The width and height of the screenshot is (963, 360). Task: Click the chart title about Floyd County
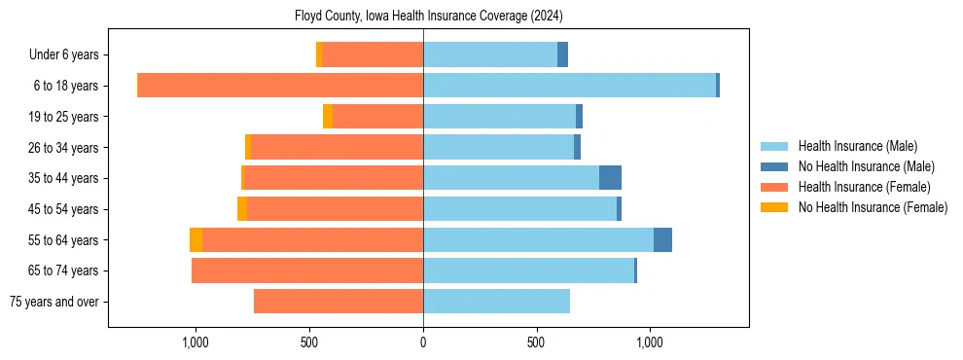[x=428, y=17]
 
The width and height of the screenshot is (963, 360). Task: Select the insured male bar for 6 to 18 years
[x=569, y=86]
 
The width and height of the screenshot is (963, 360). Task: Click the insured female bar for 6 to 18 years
[x=280, y=86]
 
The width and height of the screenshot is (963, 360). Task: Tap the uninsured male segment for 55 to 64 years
[x=662, y=240]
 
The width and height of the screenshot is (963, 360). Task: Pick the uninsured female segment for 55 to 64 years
[x=196, y=240]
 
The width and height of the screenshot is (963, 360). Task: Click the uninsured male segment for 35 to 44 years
[x=610, y=178]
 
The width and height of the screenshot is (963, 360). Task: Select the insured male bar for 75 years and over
[x=496, y=302]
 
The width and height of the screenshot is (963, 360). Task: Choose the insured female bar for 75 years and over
[x=339, y=302]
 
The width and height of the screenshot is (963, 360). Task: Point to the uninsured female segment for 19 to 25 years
[x=328, y=117]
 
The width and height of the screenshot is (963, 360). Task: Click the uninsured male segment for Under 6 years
[x=562, y=54]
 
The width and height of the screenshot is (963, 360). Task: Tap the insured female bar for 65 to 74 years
[x=307, y=270]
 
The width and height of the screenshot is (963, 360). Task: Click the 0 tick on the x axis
[x=423, y=342]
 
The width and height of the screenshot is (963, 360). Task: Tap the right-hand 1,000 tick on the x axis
[x=650, y=342]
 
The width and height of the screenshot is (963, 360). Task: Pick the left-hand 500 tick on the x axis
[x=309, y=342]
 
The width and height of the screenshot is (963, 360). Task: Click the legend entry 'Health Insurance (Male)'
[x=857, y=146]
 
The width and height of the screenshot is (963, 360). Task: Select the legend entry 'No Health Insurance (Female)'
[x=873, y=207]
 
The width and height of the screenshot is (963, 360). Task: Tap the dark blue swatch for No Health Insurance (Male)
[x=774, y=166]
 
